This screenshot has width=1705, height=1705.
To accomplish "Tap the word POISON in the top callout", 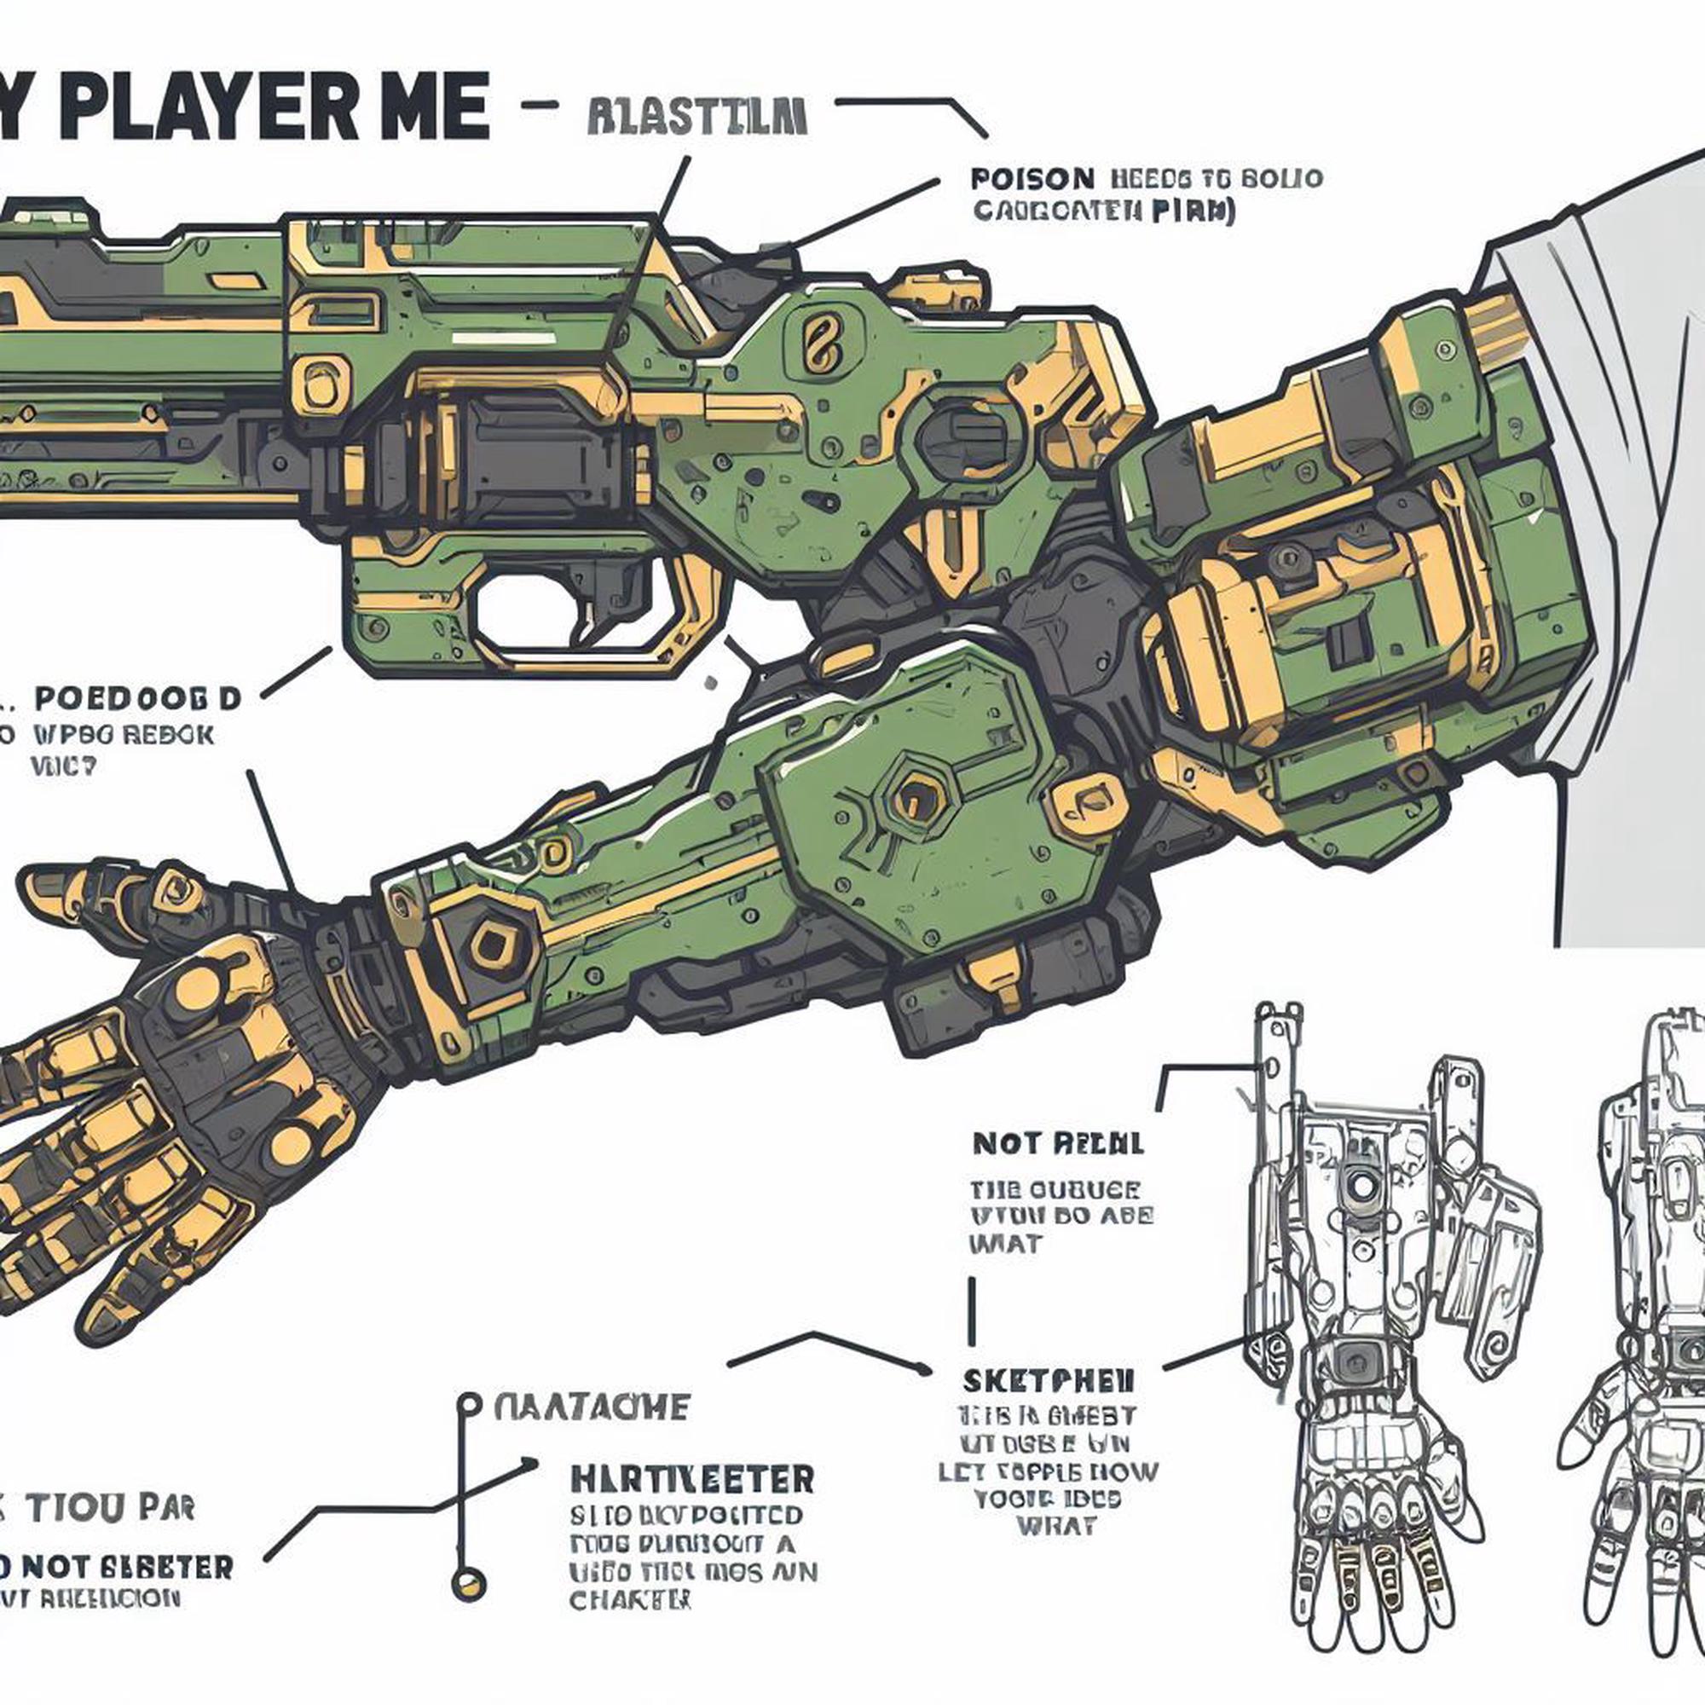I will (1032, 179).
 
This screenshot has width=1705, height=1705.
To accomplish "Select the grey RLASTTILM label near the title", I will (696, 118).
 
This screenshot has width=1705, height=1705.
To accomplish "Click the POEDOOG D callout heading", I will (137, 699).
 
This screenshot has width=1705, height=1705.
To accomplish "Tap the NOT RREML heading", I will (1058, 1145).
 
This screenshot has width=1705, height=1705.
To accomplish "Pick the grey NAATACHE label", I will (592, 1407).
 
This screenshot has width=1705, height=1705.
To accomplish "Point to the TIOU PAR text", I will (109, 1509).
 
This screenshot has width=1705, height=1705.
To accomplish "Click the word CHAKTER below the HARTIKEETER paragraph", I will (630, 1599).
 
